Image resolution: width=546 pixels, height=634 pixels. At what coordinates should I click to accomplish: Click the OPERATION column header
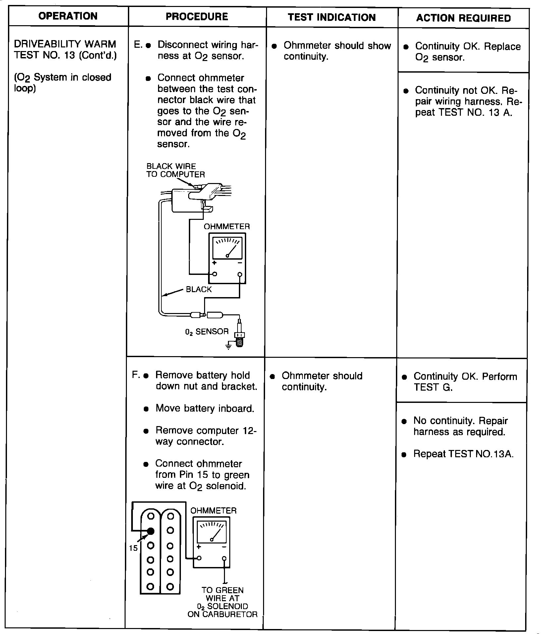[68, 16]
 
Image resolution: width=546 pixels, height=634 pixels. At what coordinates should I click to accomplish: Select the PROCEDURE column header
[197, 17]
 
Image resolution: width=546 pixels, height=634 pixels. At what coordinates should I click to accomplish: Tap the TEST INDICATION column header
[332, 18]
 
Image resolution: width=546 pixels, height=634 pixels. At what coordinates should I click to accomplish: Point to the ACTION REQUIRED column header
[464, 18]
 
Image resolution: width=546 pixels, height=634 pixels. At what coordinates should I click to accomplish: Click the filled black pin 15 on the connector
[151, 531]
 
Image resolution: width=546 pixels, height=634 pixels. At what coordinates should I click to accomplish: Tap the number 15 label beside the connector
[133, 548]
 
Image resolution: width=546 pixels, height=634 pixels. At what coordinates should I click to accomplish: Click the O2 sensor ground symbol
[228, 347]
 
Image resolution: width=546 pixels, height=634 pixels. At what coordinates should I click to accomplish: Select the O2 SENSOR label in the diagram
[207, 332]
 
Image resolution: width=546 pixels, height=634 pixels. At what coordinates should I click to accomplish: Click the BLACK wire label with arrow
[198, 289]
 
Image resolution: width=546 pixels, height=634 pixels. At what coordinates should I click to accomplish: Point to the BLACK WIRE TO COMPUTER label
[176, 170]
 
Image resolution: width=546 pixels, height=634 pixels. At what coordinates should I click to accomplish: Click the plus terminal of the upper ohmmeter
[215, 274]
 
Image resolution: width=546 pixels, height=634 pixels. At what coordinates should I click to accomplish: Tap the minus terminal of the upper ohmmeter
[240, 274]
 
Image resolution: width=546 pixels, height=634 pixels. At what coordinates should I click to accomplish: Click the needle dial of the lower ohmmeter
[212, 532]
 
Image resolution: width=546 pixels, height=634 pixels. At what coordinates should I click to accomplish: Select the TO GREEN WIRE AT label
[222, 594]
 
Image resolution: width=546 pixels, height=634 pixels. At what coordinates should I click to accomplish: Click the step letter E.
[138, 45]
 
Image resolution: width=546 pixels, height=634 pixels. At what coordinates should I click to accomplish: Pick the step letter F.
[136, 375]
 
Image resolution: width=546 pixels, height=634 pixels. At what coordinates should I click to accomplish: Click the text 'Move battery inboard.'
[205, 408]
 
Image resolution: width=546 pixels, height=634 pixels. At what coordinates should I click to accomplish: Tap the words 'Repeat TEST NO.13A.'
[464, 454]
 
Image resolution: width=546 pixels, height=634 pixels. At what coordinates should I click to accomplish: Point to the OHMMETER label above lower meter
[213, 511]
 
